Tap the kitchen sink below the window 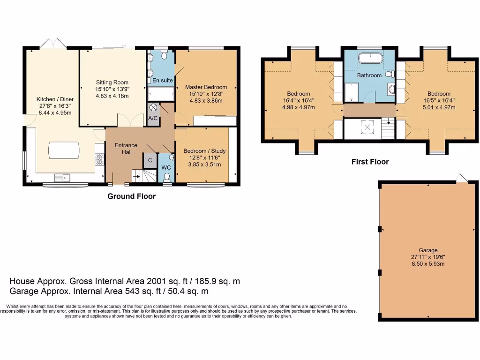[62, 177]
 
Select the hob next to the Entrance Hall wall [99, 159]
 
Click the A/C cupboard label [153, 118]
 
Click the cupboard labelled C [150, 160]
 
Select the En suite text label [163, 81]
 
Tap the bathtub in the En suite [161, 95]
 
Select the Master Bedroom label [206, 87]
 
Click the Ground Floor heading [131, 196]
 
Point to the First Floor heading [370, 162]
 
